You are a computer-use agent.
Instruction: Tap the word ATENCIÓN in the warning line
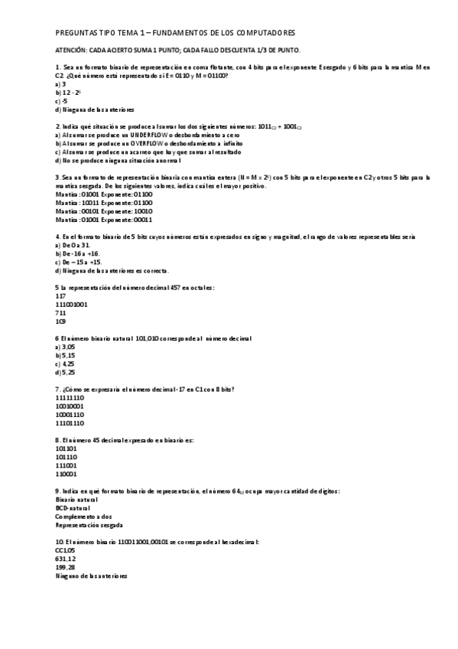(72, 50)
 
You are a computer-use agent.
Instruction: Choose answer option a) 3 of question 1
(60, 83)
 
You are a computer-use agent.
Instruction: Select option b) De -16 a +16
(78, 253)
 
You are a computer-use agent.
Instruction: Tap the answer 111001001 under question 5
(72, 304)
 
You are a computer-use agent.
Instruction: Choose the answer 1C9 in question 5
(61, 321)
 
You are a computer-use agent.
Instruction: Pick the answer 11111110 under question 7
(70, 397)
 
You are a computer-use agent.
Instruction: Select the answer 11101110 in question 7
(70, 423)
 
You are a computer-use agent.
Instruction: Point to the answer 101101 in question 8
(67, 448)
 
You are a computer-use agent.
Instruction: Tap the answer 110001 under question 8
(67, 474)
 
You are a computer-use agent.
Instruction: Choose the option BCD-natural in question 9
(73, 507)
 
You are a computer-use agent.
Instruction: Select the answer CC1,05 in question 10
(66, 550)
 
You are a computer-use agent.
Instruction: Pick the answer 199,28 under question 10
(66, 567)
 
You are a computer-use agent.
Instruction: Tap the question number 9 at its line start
(59, 491)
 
